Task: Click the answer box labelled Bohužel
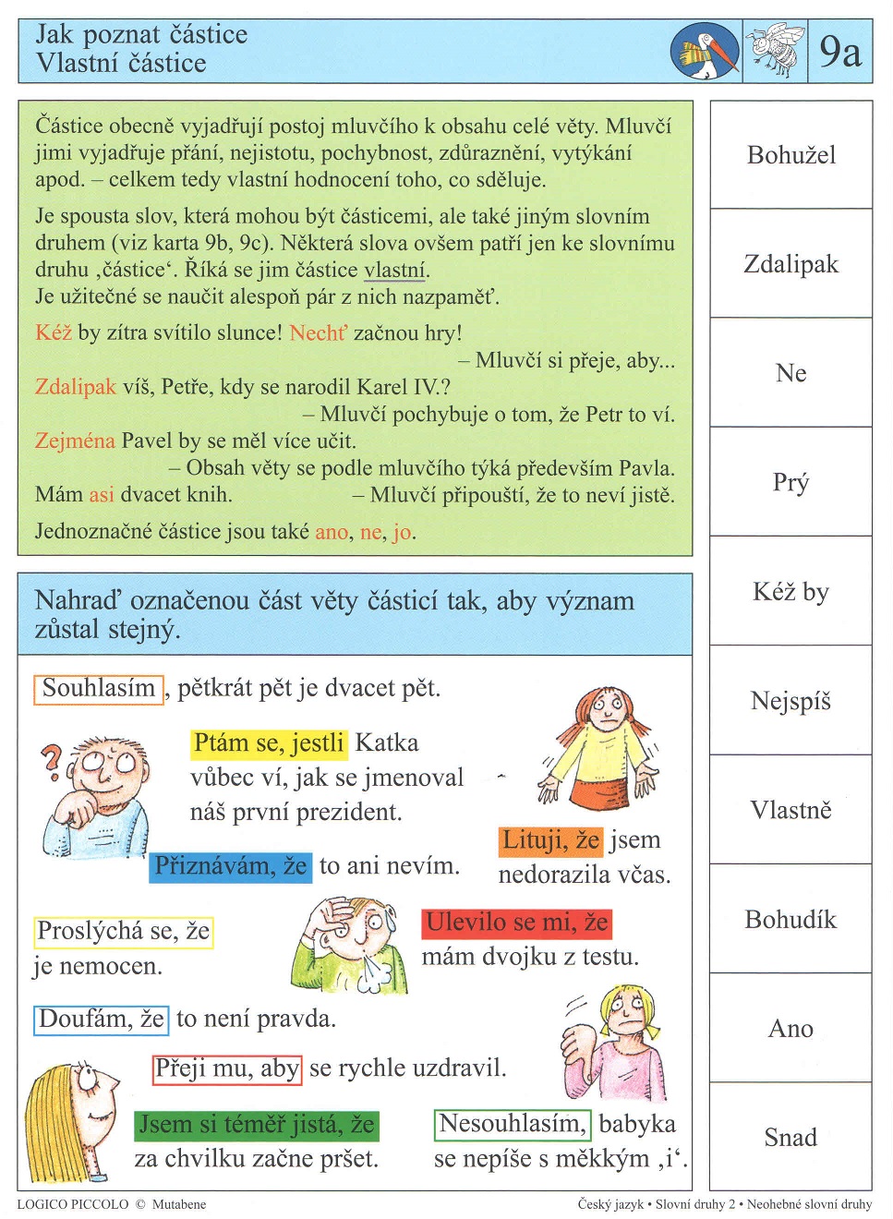(790, 155)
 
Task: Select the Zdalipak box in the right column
(790, 264)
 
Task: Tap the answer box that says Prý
(790, 482)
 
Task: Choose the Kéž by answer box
(790, 591)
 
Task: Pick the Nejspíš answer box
(790, 701)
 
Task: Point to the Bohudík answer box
(790, 919)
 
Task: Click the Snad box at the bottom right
(790, 1137)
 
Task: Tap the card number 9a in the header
(839, 52)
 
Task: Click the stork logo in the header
(705, 52)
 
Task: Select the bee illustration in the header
(775, 51)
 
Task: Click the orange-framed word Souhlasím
(99, 689)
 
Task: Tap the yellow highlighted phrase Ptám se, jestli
(269, 743)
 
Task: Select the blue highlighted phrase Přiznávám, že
(230, 866)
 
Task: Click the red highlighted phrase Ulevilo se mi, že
(516, 923)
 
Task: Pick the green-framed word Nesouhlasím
(513, 1124)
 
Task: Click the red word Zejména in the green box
(75, 441)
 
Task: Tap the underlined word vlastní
(394, 270)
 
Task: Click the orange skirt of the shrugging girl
(600, 793)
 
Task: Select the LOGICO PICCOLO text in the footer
(73, 1204)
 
